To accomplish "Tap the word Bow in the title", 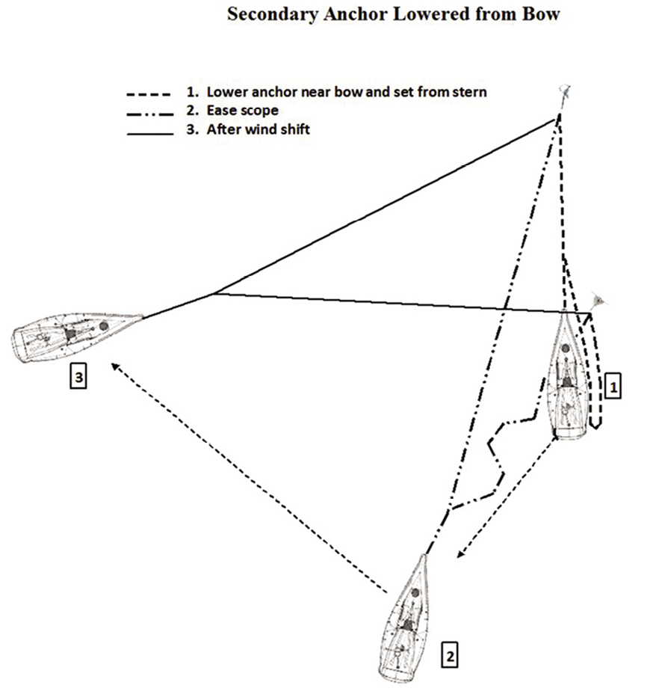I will click(x=542, y=13).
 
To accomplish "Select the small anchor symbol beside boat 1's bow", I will click(x=598, y=301).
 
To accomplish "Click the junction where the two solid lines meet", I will click(x=214, y=293).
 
